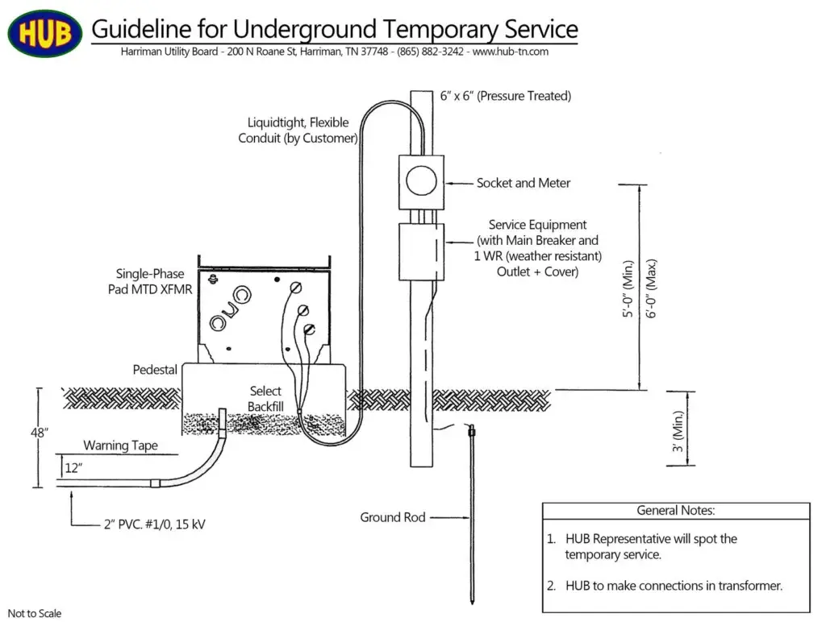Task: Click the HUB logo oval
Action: [x=44, y=33]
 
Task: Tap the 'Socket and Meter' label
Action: [x=523, y=183]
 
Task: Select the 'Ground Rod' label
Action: [x=392, y=517]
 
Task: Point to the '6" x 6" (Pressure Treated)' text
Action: [x=505, y=96]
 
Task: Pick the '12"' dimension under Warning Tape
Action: [x=73, y=468]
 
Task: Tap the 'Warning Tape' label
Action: [x=120, y=446]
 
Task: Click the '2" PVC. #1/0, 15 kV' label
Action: [x=154, y=524]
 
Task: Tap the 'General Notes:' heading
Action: [x=675, y=510]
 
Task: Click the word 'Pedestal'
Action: [x=155, y=370]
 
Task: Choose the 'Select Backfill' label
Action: [x=265, y=399]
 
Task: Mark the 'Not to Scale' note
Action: [x=35, y=614]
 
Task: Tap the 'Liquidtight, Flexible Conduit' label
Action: [x=298, y=131]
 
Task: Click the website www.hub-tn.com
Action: [x=510, y=52]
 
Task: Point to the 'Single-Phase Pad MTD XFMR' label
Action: [x=150, y=281]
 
